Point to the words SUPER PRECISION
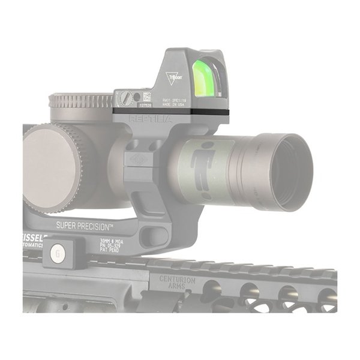tap(85, 226)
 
